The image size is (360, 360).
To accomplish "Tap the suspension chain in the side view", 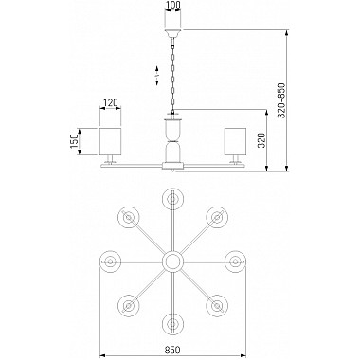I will tap(172, 76).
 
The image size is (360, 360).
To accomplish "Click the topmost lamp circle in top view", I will tap(172, 198).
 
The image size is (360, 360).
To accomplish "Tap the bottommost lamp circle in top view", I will tap(172, 321).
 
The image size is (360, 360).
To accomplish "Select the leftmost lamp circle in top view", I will tap(111, 260).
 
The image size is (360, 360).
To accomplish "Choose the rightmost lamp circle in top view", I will tap(234, 260).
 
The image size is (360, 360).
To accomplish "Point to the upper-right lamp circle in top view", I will tap(216, 216).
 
